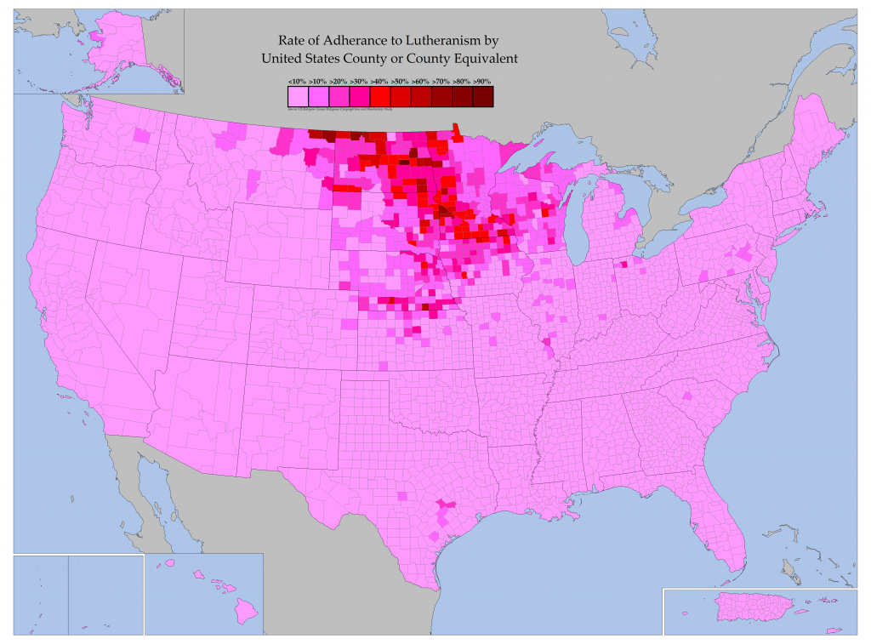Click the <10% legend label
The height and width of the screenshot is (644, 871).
click(298, 81)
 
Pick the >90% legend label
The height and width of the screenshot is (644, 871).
click(482, 81)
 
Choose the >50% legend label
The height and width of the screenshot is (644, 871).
click(400, 81)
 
